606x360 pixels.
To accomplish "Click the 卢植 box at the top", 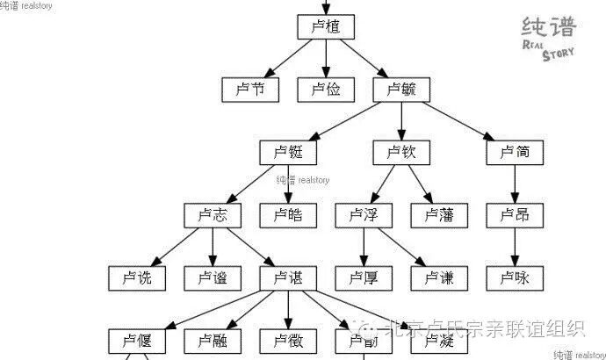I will click(326, 27).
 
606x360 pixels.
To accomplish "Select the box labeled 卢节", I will click(250, 89).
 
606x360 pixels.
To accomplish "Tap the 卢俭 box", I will click(326, 89).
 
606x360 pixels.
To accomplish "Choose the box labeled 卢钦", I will click(401, 152).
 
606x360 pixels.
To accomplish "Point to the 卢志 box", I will click(213, 215).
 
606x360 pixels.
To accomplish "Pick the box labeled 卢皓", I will click(288, 215).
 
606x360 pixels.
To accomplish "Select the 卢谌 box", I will click(288, 278).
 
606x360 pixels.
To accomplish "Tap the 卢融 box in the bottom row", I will click(213, 340).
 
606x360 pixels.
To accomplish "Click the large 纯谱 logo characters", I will click(548, 26).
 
